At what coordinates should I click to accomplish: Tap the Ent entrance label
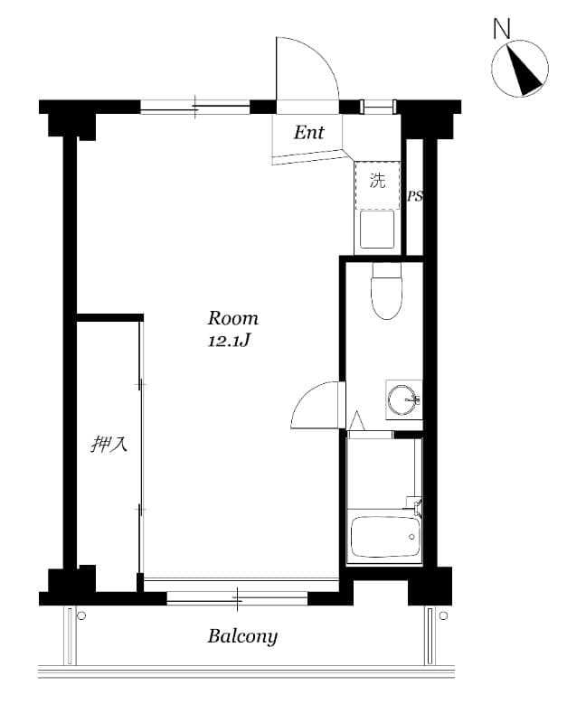pyautogui.click(x=308, y=133)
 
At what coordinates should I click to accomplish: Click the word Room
pyautogui.click(x=233, y=318)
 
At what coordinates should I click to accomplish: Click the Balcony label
pyautogui.click(x=242, y=636)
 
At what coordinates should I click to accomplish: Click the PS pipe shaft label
pyautogui.click(x=415, y=196)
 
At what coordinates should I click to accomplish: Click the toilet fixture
pyautogui.click(x=386, y=293)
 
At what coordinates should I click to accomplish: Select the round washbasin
pyautogui.click(x=402, y=399)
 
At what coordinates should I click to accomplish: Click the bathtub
pyautogui.click(x=386, y=538)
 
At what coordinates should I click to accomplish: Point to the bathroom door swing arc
pyautogui.click(x=317, y=407)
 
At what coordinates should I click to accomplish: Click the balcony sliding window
pyautogui.click(x=239, y=597)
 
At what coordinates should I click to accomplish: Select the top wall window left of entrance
pyautogui.click(x=195, y=107)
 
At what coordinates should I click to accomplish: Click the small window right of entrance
pyautogui.click(x=379, y=107)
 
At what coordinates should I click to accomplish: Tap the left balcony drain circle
pyautogui.click(x=81, y=616)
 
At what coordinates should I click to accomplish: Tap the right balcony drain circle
pyautogui.click(x=443, y=616)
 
